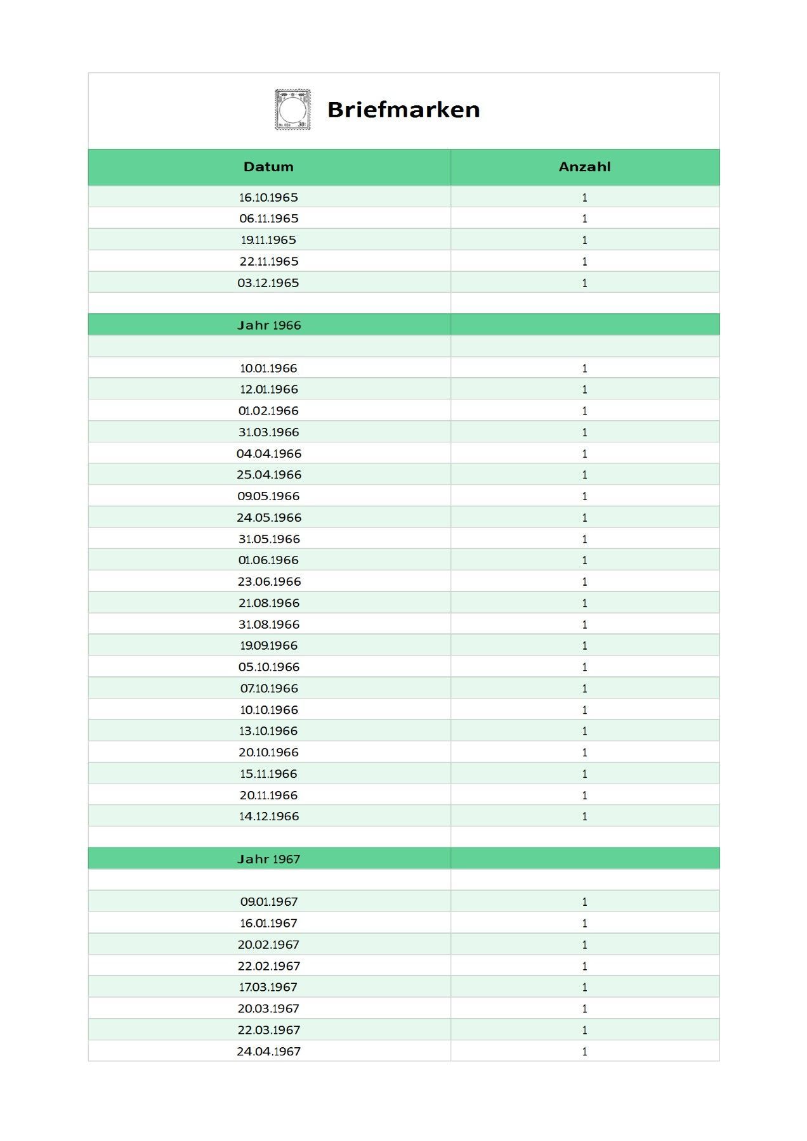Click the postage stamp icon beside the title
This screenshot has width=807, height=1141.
[292, 110]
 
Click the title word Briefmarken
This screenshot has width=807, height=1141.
[403, 110]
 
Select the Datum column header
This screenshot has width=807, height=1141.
[268, 167]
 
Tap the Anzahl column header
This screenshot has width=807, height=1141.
[584, 167]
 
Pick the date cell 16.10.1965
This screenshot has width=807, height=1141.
[268, 197]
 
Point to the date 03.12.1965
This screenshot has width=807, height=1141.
[268, 283]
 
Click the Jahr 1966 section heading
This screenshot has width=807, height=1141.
[269, 325]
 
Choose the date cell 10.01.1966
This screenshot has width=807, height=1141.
[268, 368]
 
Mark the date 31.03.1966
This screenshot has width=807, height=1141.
[268, 432]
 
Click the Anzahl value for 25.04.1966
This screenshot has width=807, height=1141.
[584, 475]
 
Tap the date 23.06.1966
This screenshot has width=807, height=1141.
[268, 581]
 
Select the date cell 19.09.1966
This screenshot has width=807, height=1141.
[268, 645]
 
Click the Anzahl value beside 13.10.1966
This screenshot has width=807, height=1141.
[584, 731]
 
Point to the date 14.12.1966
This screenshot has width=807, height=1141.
[268, 816]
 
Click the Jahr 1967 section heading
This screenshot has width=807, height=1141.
[269, 859]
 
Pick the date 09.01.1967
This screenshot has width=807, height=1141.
[268, 901]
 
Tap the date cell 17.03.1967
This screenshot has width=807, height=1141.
[268, 987]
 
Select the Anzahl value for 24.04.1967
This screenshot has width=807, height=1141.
[584, 1051]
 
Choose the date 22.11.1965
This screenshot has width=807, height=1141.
[268, 261]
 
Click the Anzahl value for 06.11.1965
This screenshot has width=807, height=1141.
[584, 219]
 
